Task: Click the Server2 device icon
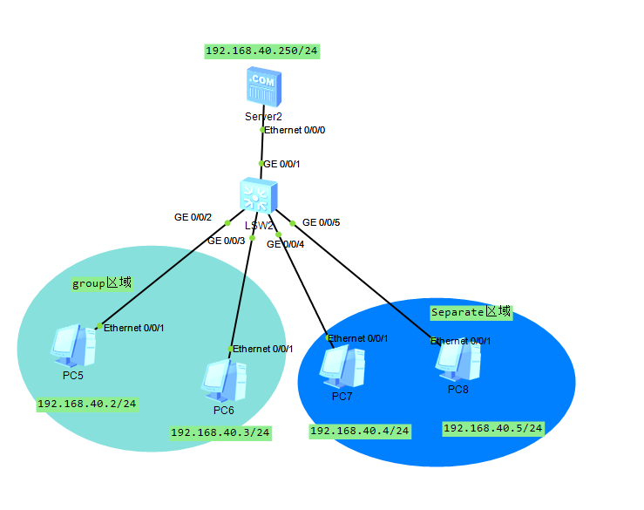(262, 87)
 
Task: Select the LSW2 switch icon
(259, 196)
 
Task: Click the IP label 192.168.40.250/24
(261, 51)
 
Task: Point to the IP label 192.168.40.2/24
(87, 405)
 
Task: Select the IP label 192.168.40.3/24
(220, 432)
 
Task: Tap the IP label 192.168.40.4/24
(360, 430)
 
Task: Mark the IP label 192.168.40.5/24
(493, 428)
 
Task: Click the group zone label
(101, 283)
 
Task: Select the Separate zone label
(471, 311)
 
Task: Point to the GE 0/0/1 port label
(282, 163)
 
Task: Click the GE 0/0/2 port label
(193, 216)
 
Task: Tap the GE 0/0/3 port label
(226, 241)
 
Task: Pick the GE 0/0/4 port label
(285, 244)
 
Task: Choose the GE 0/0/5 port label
(321, 222)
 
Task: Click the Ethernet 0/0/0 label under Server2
(295, 130)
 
